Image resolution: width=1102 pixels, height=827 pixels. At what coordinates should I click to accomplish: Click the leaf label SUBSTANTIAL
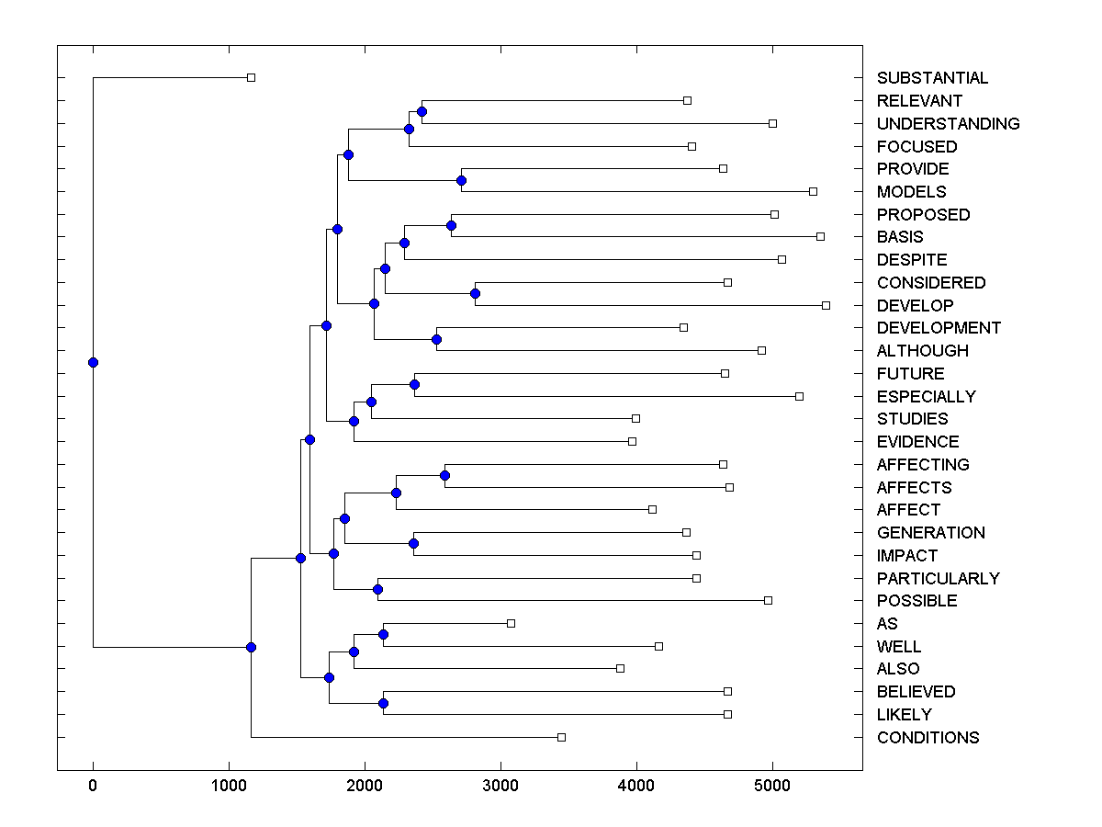point(932,78)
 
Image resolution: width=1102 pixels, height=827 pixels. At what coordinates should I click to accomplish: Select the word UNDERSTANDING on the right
point(948,123)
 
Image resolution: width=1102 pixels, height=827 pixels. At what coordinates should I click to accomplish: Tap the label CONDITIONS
point(928,737)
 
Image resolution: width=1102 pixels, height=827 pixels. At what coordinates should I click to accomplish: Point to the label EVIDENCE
point(917,442)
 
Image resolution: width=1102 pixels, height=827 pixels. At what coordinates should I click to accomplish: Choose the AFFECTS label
point(914,487)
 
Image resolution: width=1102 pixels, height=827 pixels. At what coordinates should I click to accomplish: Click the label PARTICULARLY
point(938,578)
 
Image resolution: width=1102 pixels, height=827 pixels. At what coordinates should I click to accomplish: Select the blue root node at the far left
point(93,362)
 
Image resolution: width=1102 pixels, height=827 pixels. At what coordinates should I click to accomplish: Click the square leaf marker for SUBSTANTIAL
point(251,78)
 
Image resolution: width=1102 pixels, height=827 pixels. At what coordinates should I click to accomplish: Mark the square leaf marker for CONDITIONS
point(561,737)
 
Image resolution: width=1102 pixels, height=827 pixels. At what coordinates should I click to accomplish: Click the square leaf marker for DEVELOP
point(826,305)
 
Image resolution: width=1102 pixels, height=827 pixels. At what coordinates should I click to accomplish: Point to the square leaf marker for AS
point(511,623)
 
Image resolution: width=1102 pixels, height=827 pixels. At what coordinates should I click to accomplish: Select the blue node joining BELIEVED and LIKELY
point(383,703)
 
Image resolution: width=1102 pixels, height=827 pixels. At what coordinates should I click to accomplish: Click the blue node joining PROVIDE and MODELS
point(461,180)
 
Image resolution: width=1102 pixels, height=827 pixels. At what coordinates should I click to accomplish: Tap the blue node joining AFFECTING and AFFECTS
point(444,475)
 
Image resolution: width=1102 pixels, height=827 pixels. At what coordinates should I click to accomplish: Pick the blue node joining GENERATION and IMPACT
point(413,543)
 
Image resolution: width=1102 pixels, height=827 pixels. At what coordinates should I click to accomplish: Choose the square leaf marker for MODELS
point(813,191)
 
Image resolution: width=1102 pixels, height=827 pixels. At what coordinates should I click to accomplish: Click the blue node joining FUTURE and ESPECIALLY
point(414,384)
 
